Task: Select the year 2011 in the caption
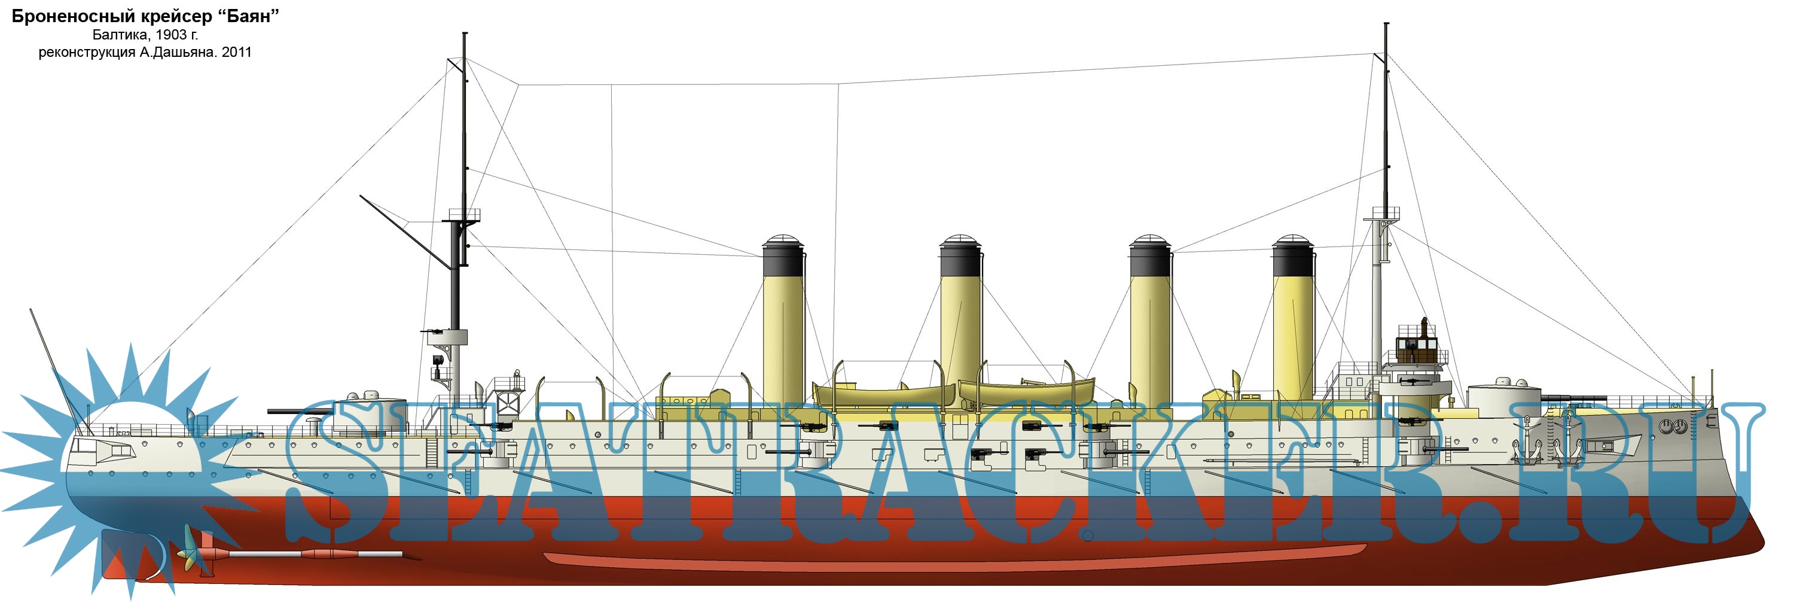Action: [x=237, y=52]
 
